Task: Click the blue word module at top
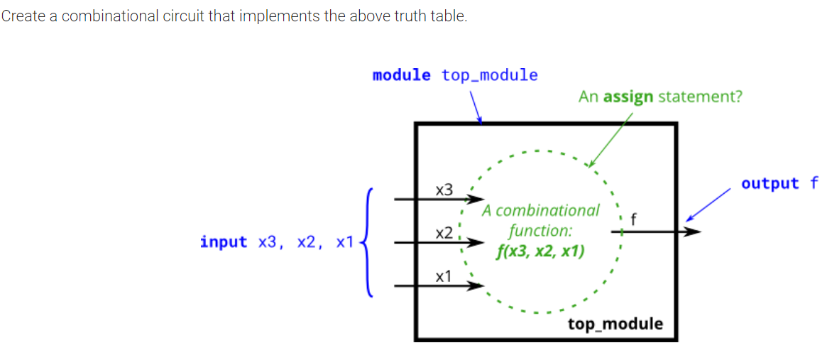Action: [x=401, y=75]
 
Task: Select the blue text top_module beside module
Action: [x=489, y=75]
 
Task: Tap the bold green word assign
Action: [x=628, y=97]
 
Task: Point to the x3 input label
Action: [x=444, y=190]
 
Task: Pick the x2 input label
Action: [x=444, y=234]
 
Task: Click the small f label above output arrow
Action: [x=633, y=218]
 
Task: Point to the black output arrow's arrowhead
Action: [x=693, y=231]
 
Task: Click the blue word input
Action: [x=224, y=242]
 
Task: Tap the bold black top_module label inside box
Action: [x=615, y=324]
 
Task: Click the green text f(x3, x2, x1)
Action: [x=542, y=251]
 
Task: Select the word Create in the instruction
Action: [x=21, y=16]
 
